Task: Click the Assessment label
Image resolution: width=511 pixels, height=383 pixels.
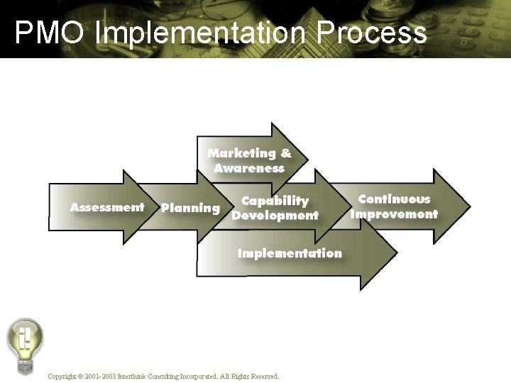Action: pos(107,208)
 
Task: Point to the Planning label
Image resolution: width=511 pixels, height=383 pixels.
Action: pos(190,209)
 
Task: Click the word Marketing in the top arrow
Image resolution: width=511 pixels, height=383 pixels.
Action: pos(241,153)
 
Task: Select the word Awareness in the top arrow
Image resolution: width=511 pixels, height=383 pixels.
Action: pos(249,169)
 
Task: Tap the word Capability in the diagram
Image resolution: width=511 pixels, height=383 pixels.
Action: pos(275,201)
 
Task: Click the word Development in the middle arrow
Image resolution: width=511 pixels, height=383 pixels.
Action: pos(275,216)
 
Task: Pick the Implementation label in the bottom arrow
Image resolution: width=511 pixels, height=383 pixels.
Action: pos(290,253)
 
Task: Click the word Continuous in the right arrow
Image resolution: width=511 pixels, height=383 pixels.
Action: pos(394,199)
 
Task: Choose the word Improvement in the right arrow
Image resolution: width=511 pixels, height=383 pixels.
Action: pos(395,214)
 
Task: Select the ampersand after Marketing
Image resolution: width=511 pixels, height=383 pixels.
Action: pos(285,153)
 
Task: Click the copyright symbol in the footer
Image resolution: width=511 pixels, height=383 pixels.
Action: pos(80,376)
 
